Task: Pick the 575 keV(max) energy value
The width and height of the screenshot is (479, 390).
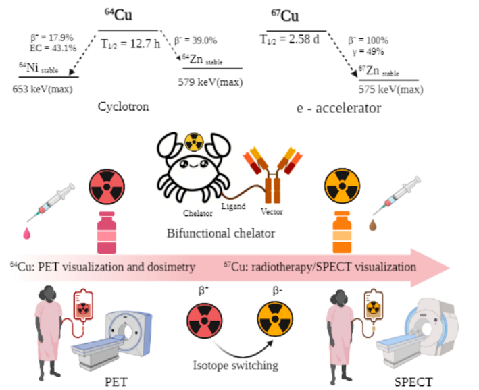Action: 386,88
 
